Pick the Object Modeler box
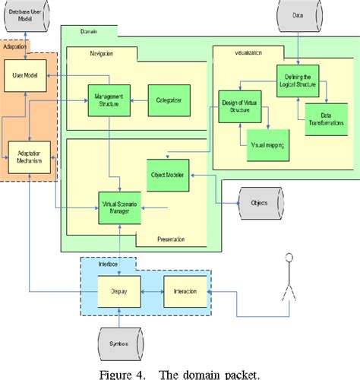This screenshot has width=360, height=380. click(x=167, y=174)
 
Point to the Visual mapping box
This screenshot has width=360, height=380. click(x=263, y=143)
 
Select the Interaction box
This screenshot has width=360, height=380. click(x=185, y=292)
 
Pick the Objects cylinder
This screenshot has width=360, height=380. click(x=259, y=204)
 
